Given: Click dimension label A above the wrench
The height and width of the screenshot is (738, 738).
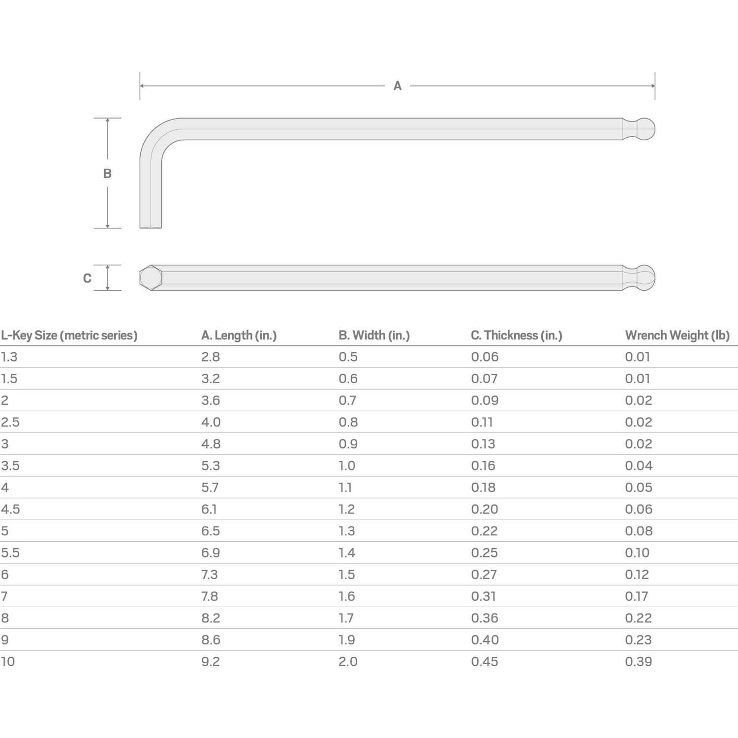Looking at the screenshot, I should click(x=397, y=86).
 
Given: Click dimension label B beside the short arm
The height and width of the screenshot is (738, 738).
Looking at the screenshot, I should click(x=107, y=173).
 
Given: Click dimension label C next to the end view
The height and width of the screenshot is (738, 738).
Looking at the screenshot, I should click(x=87, y=278).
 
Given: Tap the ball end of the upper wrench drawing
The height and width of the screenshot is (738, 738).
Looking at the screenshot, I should click(x=644, y=129).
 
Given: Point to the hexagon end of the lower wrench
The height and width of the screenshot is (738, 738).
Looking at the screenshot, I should click(x=151, y=278).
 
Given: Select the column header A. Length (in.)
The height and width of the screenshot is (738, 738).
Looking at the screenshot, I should click(x=239, y=336).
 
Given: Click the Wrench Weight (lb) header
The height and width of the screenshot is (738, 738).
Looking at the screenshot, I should click(x=677, y=336).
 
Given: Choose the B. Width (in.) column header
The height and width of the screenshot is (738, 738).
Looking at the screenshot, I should click(x=374, y=336).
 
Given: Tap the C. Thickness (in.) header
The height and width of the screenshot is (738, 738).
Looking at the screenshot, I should click(x=516, y=336).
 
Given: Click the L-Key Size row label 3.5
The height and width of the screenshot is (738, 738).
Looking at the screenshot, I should click(x=10, y=466).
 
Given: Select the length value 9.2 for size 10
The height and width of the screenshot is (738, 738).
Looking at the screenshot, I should click(x=210, y=662).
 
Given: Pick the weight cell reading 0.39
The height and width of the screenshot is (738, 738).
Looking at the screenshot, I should click(x=638, y=662).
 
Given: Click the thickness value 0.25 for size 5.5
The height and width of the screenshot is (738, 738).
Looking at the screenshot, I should click(x=484, y=553).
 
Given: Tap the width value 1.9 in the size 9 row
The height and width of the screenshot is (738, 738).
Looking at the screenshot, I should click(x=346, y=640).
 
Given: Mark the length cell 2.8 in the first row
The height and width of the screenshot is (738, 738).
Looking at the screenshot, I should click(x=210, y=357).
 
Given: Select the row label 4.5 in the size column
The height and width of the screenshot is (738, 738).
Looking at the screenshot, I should click(x=10, y=509).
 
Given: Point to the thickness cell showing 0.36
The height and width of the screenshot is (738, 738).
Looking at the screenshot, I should click(x=484, y=618).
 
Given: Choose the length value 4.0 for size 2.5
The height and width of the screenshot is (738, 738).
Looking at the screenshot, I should click(x=211, y=423).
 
